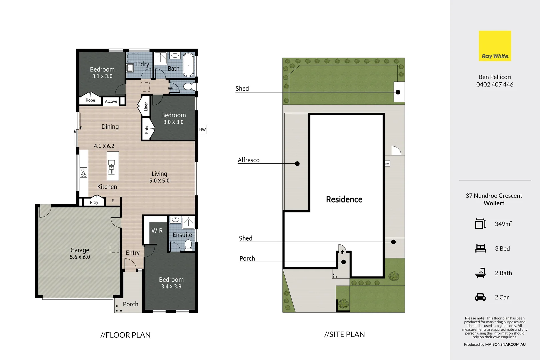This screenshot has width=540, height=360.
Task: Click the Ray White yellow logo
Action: click(x=495, y=46)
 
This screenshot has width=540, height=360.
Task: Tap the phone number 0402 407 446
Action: click(x=495, y=85)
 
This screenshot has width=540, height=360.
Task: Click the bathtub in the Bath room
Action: click(x=189, y=65)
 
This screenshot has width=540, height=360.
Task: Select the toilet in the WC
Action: click(x=188, y=87)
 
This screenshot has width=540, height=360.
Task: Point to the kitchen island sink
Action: click(x=111, y=164)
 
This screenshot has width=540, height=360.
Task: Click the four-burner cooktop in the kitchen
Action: click(x=84, y=172)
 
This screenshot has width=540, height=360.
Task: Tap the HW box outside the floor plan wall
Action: click(x=202, y=130)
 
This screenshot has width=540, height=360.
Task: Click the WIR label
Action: click(x=157, y=231)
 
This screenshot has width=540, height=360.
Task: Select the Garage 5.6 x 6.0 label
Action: click(x=80, y=253)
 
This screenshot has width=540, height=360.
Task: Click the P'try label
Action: click(x=94, y=202)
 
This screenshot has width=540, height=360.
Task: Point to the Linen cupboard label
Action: click(x=146, y=106)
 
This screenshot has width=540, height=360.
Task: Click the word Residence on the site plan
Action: click(x=344, y=199)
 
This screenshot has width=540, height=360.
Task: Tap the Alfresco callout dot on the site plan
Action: click(x=297, y=164)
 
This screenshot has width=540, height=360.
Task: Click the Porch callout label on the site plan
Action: click(x=247, y=258)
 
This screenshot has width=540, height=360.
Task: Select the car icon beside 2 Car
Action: click(x=480, y=297)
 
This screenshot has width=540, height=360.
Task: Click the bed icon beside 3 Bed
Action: click(x=480, y=248)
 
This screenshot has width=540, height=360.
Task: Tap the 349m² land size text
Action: click(x=503, y=224)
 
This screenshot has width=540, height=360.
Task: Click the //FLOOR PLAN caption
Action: click(x=125, y=335)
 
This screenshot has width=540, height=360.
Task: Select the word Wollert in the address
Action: click(x=494, y=203)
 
